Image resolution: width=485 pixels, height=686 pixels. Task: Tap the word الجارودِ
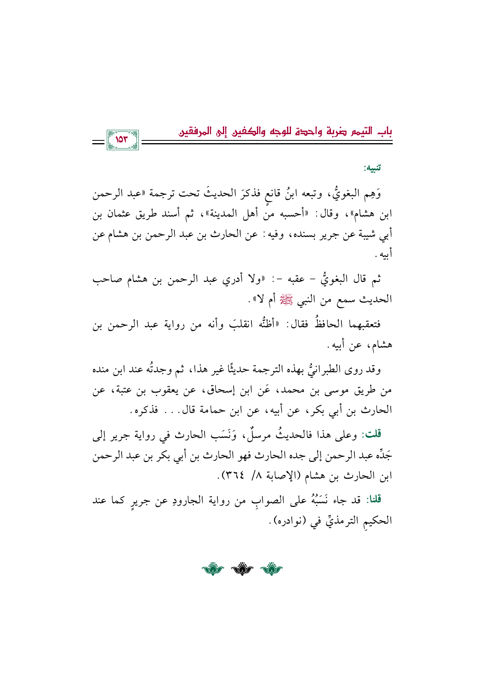coord(200,500)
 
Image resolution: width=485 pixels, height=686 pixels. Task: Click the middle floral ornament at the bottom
coord(242,569)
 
